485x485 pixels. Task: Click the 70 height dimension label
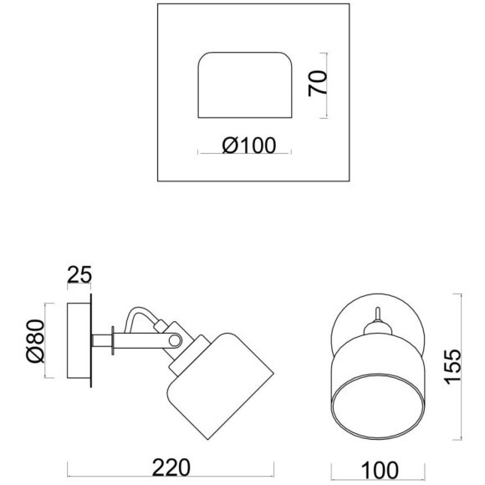318,84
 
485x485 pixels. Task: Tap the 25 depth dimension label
79,274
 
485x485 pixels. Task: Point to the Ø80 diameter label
36,341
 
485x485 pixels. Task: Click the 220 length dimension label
171,467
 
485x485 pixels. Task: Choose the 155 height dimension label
453,367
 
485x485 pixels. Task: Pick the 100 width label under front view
380,470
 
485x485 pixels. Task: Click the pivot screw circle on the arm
175,341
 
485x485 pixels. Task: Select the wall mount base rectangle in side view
79,340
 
